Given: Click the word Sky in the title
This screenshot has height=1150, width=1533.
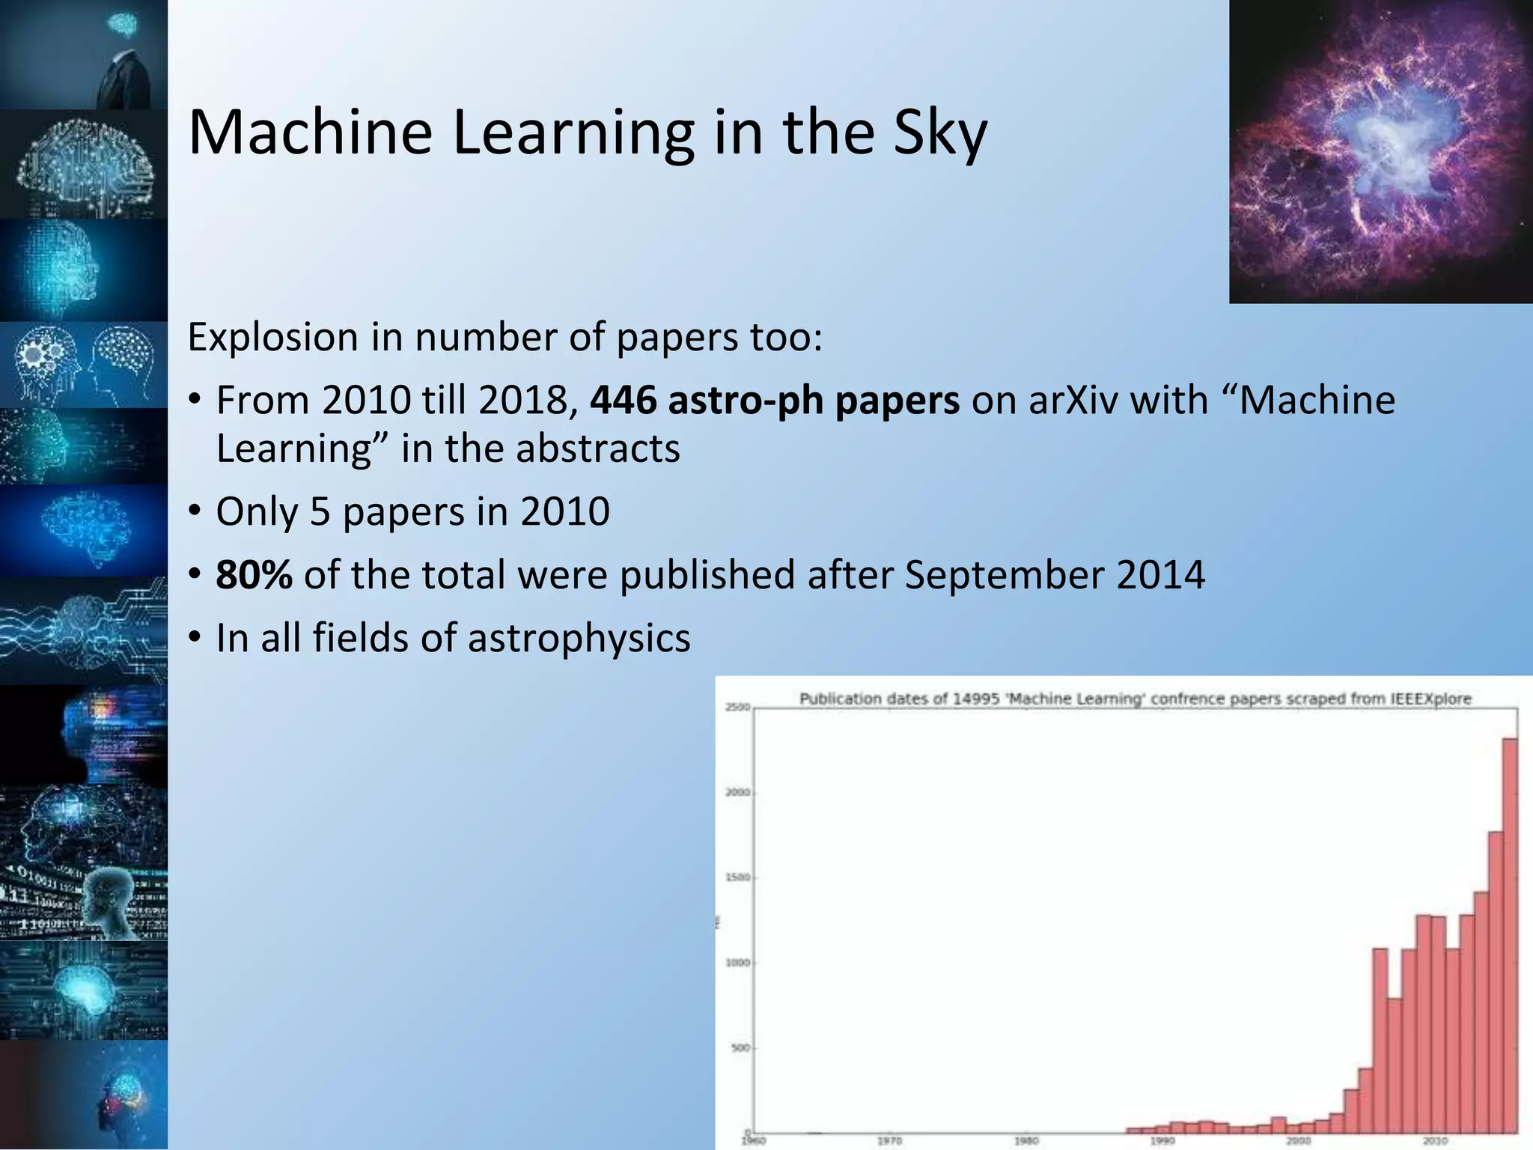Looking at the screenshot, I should click(939, 133).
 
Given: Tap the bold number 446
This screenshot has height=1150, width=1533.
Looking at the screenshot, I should click(623, 400).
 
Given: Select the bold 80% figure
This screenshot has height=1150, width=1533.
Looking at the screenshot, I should click(254, 575).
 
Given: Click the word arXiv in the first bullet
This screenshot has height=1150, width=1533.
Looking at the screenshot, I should click(1073, 400).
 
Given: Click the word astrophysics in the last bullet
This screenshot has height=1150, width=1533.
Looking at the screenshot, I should click(579, 638).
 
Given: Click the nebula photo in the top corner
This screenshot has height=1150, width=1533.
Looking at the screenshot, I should click(1380, 151).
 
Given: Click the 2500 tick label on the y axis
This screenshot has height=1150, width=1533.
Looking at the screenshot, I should click(737, 707).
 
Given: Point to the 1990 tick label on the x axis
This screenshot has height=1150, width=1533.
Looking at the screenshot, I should click(1162, 1141).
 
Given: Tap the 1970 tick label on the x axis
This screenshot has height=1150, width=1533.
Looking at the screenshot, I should click(889, 1141).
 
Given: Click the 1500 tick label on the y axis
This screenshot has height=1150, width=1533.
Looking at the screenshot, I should click(737, 877).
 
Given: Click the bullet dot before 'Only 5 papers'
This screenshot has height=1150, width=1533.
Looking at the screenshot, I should click(195, 511).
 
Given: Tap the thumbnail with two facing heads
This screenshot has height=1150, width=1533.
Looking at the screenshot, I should click(84, 365).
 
